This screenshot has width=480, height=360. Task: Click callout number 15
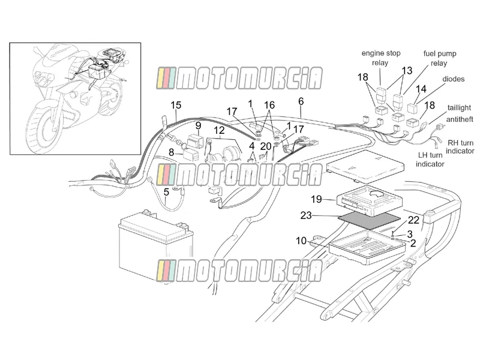coord(176,106)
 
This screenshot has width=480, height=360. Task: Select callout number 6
coord(301,101)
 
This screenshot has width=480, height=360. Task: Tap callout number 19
coord(317,200)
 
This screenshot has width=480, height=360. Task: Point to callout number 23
coord(306,215)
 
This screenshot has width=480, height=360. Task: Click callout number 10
coord(301,241)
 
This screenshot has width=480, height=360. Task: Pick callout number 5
coord(166,192)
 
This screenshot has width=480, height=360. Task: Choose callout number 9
coord(199,125)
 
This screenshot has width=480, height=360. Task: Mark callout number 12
coord(219,130)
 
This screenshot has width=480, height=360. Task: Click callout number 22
coord(413,220)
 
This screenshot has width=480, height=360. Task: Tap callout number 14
coord(421,89)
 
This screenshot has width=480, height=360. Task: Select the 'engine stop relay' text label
coord(381,58)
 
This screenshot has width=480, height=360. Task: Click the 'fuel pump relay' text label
coord(440,58)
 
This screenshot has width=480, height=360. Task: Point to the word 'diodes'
coord(454,79)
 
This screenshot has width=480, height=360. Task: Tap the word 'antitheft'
coord(460,119)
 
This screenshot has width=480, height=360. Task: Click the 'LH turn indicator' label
coord(430,160)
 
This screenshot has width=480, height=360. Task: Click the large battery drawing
coord(156,247)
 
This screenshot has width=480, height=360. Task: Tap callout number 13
coord(407,71)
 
